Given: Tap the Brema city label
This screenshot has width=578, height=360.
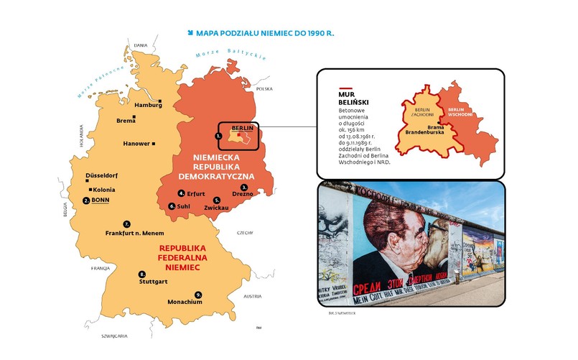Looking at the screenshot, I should click(126, 121).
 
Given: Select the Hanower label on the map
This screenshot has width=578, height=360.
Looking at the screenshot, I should click(136, 144).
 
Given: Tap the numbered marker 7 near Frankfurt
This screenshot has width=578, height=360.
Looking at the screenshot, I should click(127, 223).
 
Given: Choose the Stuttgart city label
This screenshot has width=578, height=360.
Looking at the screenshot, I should click(153, 281).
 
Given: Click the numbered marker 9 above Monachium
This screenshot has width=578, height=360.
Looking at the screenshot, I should click(198, 294).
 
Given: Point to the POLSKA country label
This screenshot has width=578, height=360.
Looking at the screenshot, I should click(265, 89).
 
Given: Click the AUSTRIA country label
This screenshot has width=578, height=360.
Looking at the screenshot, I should click(253, 296).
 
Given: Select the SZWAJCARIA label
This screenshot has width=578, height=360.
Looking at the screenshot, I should click(114, 336).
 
